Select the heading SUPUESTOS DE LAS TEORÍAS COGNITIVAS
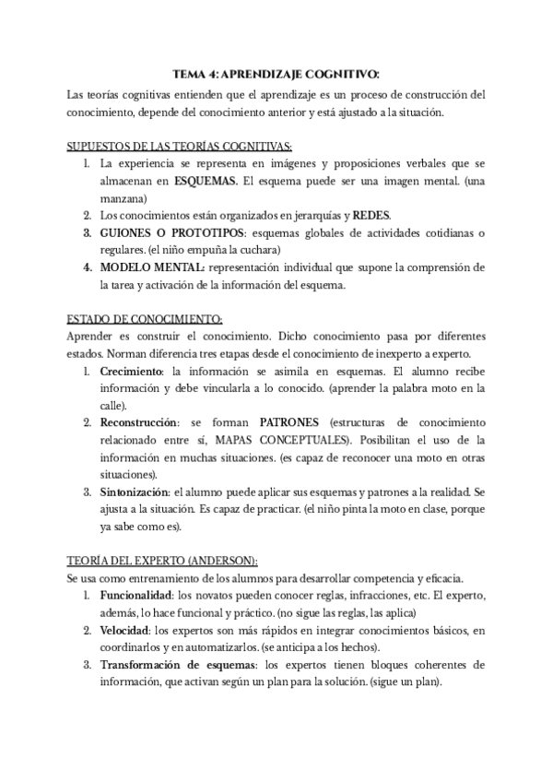tap(180, 147)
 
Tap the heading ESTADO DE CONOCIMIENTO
tap(145, 318)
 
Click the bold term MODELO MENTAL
tap(152, 267)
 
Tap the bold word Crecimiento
tap(131, 371)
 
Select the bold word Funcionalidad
tap(138, 595)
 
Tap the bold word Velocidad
tap(125, 630)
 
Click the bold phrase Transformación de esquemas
tap(178, 664)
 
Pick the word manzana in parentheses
tap(126, 198)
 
